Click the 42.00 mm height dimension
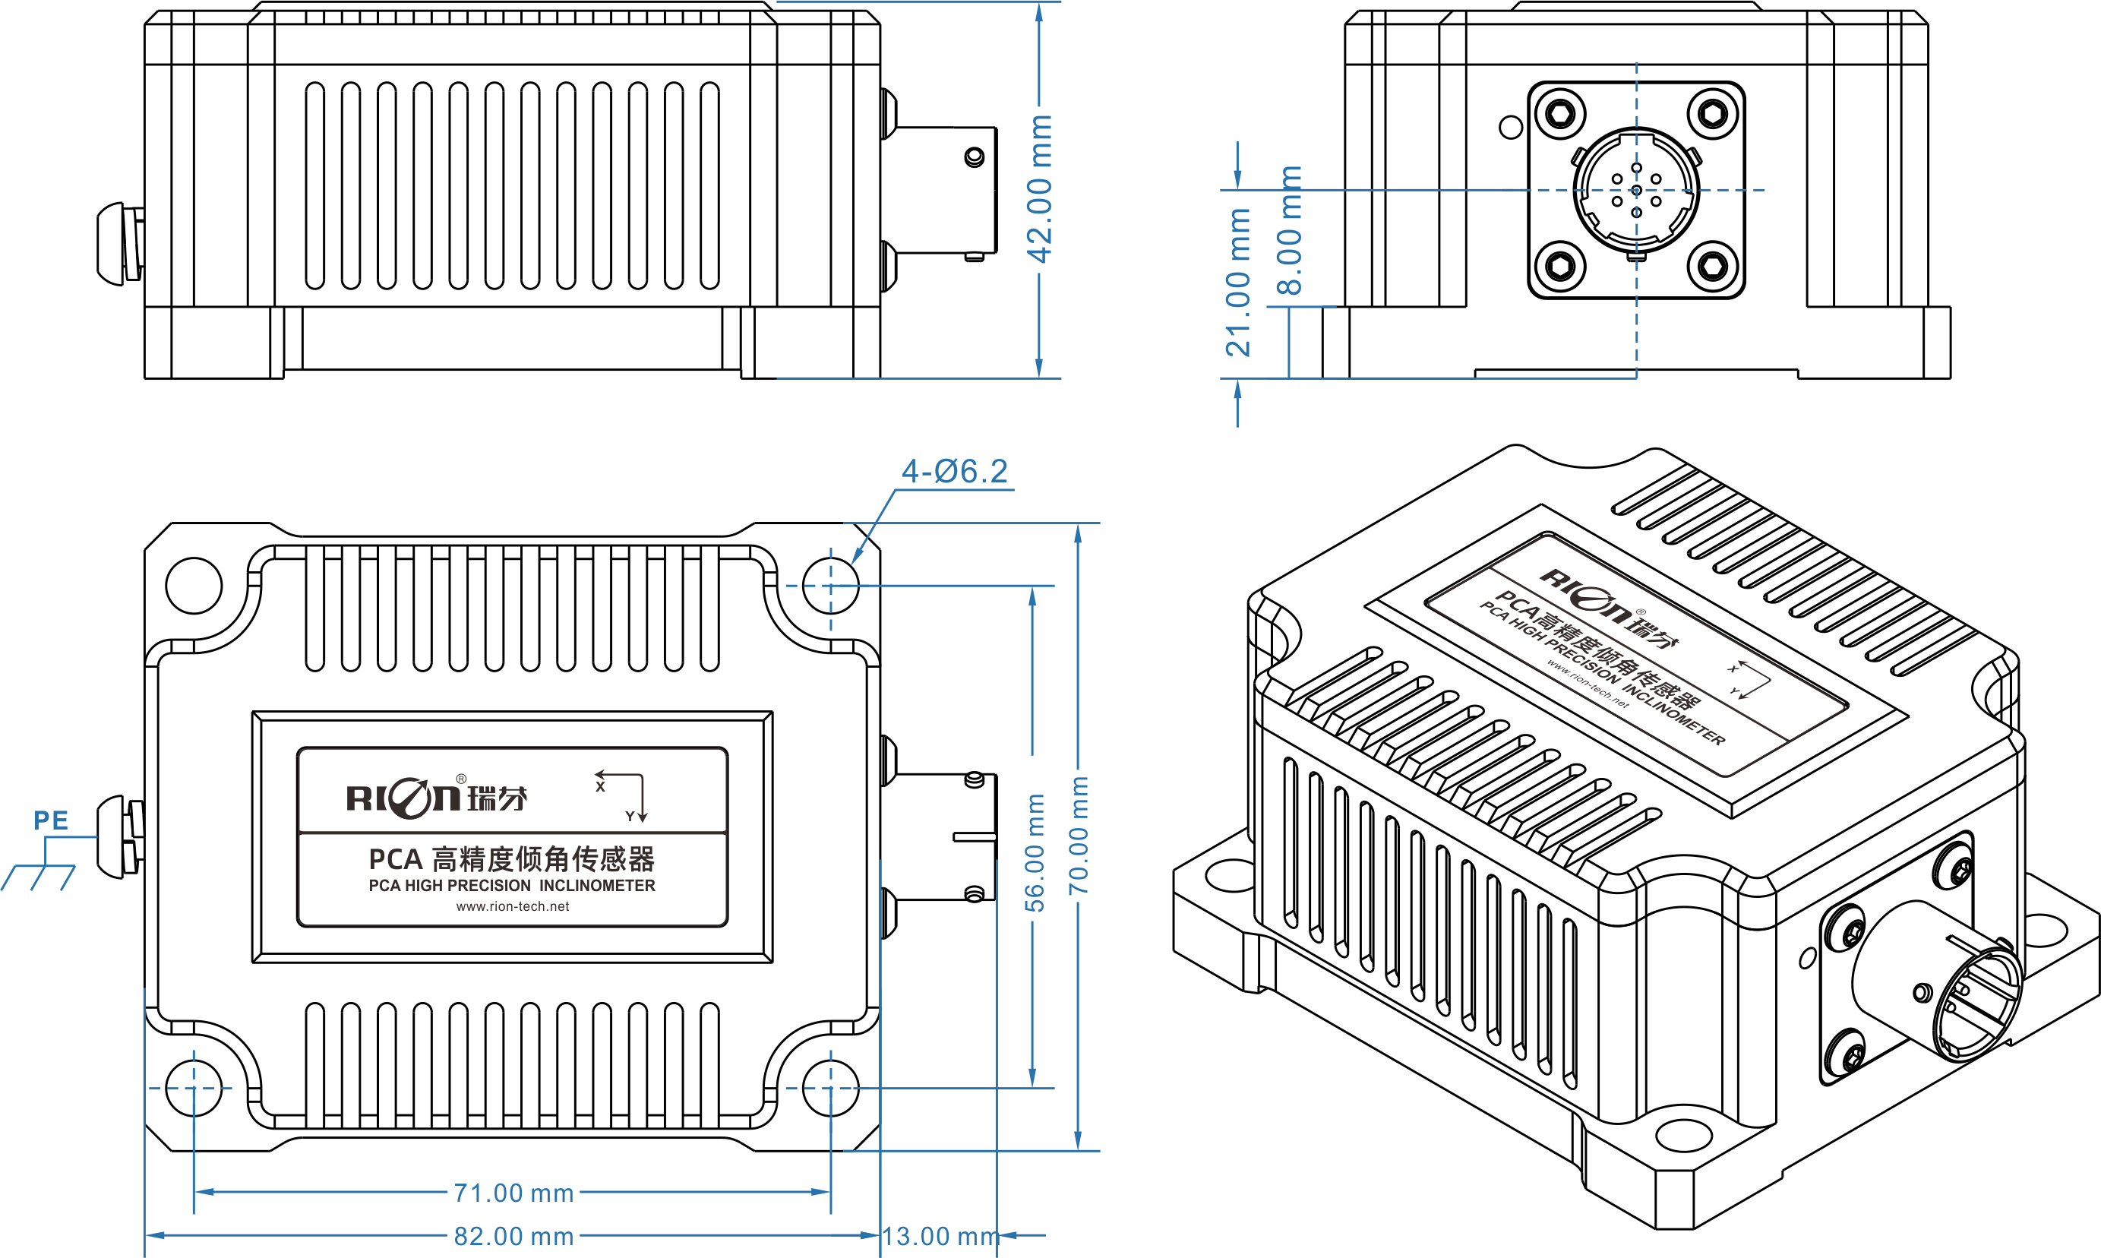[1039, 189]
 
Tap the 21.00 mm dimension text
[1238, 283]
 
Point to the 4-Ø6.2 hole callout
[955, 471]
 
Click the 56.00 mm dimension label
[1035, 853]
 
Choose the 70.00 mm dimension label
[1078, 835]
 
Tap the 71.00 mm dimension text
[513, 1193]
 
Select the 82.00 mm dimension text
[513, 1236]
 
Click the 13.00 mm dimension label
[940, 1236]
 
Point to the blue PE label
[51, 820]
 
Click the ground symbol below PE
[39, 877]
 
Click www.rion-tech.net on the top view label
[513, 906]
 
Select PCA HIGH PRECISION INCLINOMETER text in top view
[512, 885]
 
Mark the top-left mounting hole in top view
[194, 585]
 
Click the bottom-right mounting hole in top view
[830, 1088]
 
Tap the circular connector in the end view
[1637, 191]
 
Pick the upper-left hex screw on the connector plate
[1560, 112]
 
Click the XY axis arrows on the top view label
[622, 797]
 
